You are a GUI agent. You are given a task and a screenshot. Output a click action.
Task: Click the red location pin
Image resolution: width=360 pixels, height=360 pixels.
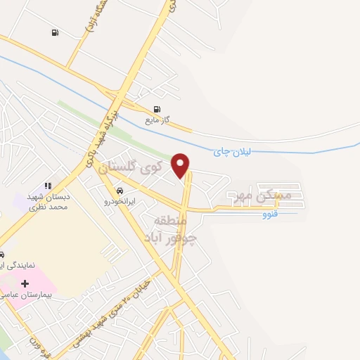point(181,165)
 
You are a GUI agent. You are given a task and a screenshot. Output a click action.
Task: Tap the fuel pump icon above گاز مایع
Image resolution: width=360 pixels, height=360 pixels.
point(156,109)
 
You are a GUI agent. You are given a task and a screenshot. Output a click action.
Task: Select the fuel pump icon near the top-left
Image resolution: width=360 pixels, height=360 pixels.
point(55,32)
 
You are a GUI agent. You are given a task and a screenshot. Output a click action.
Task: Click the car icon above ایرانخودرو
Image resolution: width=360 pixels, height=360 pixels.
point(120,191)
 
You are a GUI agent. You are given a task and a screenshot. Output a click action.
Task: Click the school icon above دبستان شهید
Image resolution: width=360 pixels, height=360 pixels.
point(47,186)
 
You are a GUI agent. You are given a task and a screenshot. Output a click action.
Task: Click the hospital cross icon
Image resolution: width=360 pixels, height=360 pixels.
point(25,284)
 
